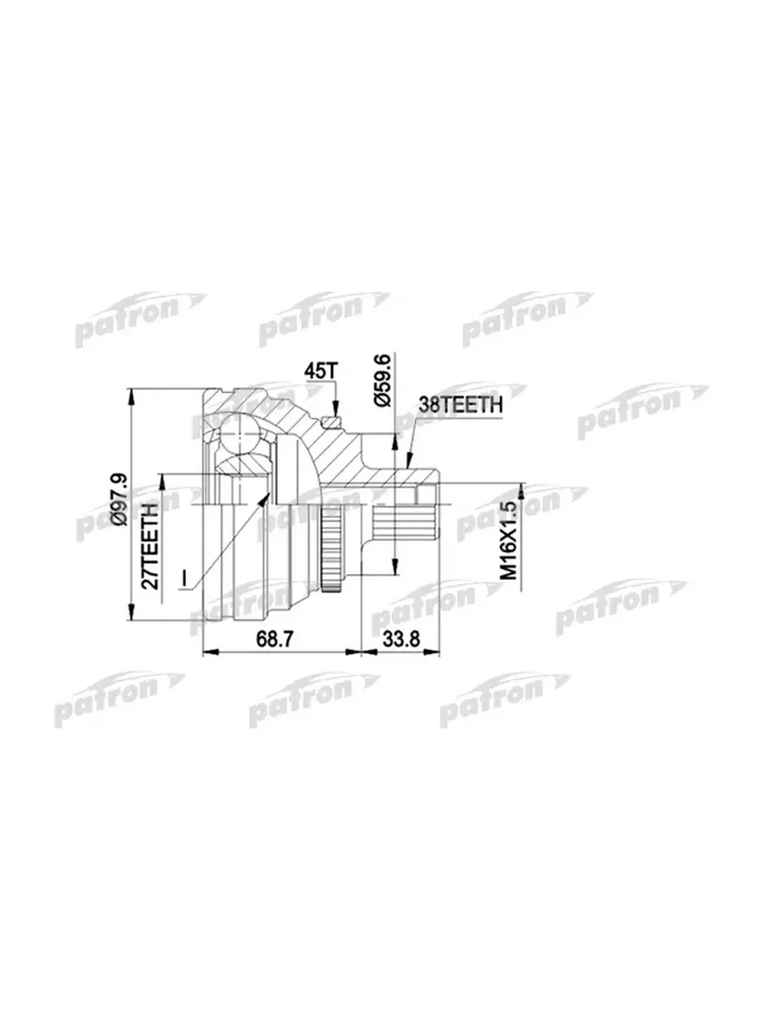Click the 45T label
pos(320,371)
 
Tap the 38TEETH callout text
pos(461,406)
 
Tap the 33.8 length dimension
pos(401,639)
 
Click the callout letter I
pos(184,578)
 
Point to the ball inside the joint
pos(239,435)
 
